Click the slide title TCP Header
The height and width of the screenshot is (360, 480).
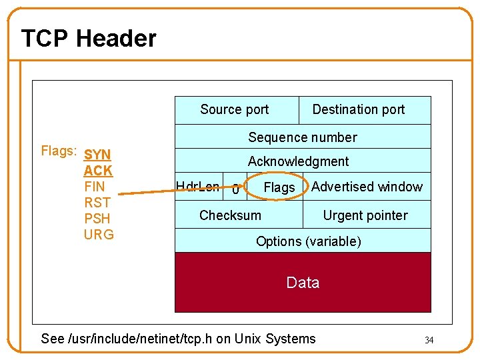coord(88,39)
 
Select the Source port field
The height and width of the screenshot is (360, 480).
coord(234,109)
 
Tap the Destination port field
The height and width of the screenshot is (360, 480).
coord(358,109)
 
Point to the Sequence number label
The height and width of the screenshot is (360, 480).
coord(303,137)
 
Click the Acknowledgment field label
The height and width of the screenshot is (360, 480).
coord(298,161)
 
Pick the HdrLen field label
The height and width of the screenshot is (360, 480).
coord(197,187)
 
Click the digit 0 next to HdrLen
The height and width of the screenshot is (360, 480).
coord(235,190)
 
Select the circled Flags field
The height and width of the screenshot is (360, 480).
coord(279,188)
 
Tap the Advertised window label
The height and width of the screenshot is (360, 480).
coord(367,187)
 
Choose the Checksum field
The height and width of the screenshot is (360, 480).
coord(230,215)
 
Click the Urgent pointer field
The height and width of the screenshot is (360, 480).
coord(365,215)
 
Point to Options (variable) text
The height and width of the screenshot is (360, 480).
coord(308,241)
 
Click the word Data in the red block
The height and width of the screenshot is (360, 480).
coord(303,283)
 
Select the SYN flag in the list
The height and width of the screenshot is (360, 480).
coord(98,155)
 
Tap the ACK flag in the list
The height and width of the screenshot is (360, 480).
coord(98,171)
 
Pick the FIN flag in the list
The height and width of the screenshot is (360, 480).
coord(95,187)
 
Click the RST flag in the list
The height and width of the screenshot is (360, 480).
coord(97,203)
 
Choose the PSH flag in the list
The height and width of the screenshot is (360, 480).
coord(97,219)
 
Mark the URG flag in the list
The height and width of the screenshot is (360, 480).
coord(99,235)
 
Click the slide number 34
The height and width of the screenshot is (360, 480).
coord(429,341)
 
